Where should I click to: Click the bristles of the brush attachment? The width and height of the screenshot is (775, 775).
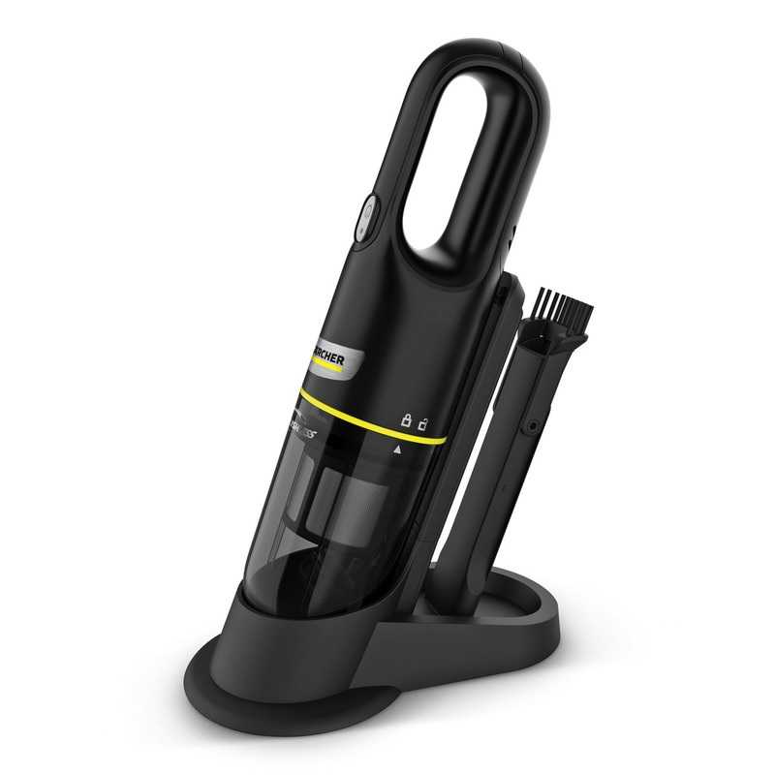coord(566,308)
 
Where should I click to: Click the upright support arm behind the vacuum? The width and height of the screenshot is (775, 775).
coord(480,407)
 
